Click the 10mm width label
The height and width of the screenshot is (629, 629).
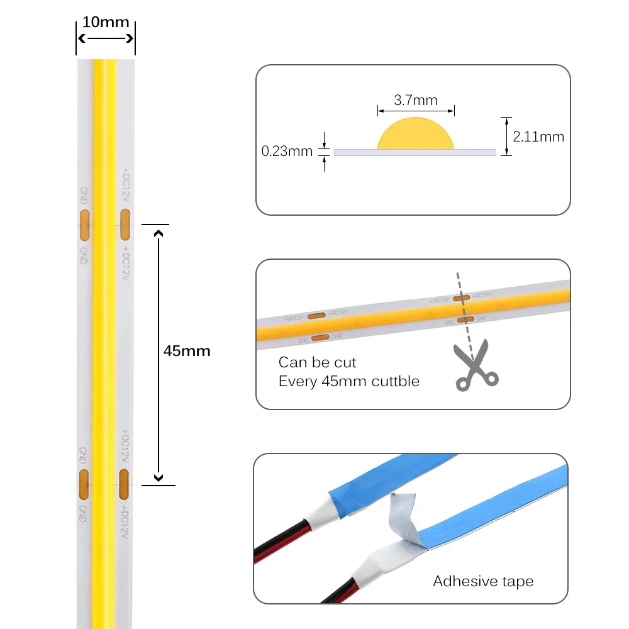[x=106, y=23]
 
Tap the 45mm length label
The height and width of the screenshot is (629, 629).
[x=187, y=351]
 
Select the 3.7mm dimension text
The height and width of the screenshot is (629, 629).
[x=415, y=100]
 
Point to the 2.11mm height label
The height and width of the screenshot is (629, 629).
[x=538, y=136]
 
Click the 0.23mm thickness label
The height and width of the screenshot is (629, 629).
[x=287, y=151]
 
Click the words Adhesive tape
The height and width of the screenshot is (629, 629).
[x=483, y=581]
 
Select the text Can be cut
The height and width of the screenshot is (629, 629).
[x=317, y=362]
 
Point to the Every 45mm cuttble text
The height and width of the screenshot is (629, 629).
[x=348, y=381]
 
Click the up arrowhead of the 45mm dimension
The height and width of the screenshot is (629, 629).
[x=159, y=234]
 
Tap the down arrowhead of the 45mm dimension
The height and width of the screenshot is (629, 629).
[x=159, y=478]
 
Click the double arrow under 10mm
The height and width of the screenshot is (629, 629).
[x=106, y=38]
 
